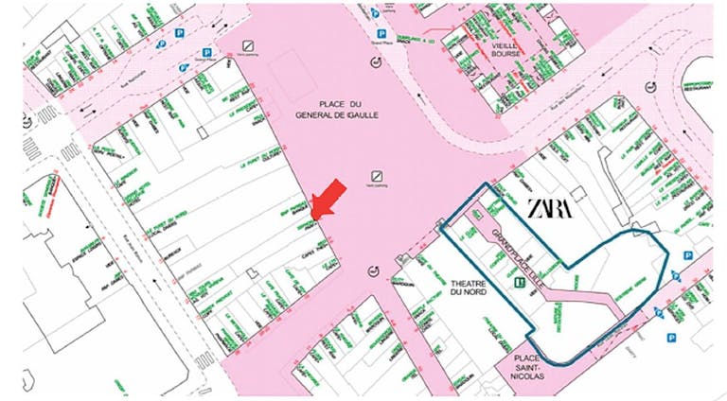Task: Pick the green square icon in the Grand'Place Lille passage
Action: click(519, 281)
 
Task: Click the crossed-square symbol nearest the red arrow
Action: click(377, 176)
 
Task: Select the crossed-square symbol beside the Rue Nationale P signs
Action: click(248, 44)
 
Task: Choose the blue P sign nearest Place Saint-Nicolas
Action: click(671, 338)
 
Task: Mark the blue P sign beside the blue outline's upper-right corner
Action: click(688, 255)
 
